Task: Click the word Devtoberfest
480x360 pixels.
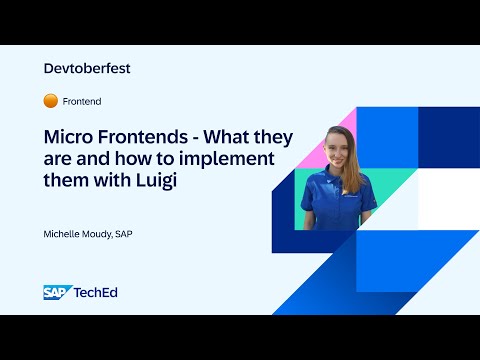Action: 88,69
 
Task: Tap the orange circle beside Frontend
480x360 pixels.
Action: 50,101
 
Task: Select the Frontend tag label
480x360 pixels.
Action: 82,101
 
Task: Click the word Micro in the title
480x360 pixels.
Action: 67,136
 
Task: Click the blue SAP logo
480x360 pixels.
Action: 56,292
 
